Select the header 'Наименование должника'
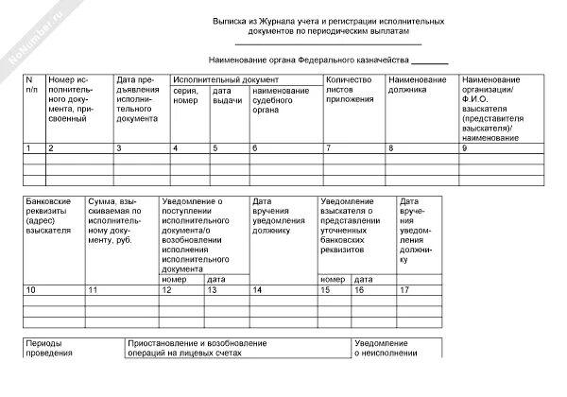tap(417, 85)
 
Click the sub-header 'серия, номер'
tap(185, 95)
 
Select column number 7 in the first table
tap(328, 148)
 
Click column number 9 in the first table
tap(464, 148)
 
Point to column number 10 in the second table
tap(31, 289)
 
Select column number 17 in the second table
tap(404, 289)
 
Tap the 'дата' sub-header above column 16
tap(363, 279)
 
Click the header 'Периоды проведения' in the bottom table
tap(49, 348)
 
